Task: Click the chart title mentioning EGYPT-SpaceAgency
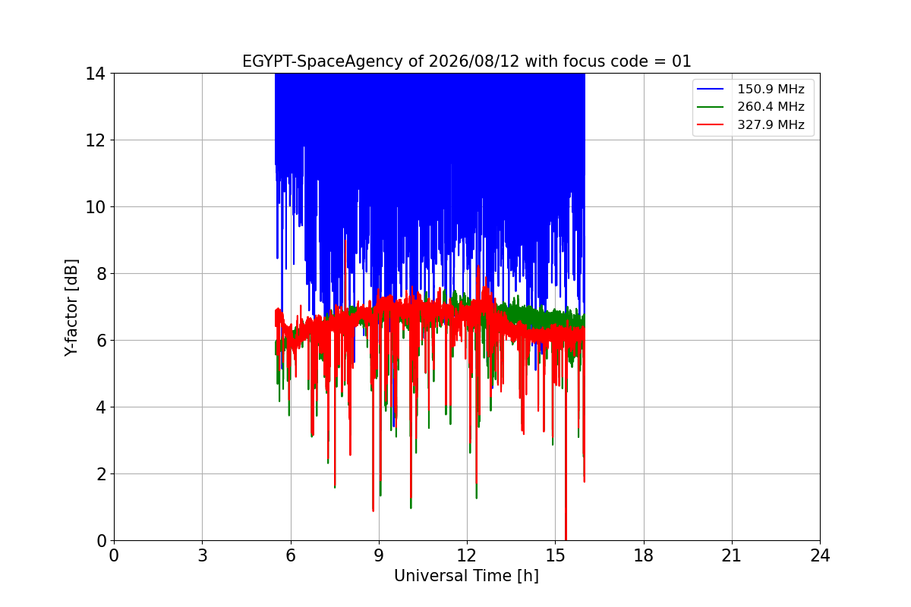(466, 61)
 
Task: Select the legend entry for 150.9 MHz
(750, 89)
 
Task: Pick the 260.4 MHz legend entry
(750, 106)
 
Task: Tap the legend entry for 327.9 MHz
(750, 124)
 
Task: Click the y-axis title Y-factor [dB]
(71, 308)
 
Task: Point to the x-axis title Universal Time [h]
(466, 576)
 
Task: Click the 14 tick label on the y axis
(95, 74)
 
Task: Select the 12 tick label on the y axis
(95, 140)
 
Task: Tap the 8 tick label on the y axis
(101, 274)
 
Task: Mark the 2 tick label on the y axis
(101, 474)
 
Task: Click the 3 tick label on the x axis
(203, 555)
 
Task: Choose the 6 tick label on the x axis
(291, 555)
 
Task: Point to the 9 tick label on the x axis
(379, 555)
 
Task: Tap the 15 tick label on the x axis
(556, 555)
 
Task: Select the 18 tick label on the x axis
(644, 555)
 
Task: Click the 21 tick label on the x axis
(732, 555)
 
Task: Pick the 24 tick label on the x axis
(821, 555)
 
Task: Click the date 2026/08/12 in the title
(474, 61)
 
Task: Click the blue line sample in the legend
(710, 89)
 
